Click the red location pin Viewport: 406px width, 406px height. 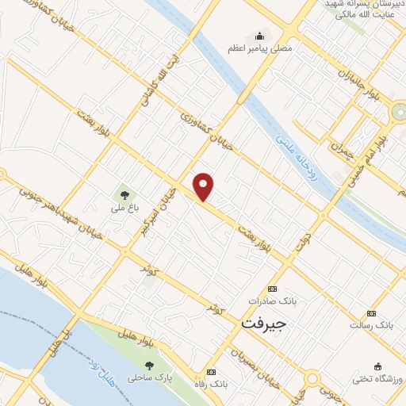click(x=204, y=186)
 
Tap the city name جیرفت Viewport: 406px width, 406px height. click(x=262, y=324)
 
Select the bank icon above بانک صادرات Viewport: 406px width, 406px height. click(x=273, y=289)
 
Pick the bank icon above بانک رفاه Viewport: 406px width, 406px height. click(x=210, y=372)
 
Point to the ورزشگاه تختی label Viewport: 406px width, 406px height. click(x=379, y=378)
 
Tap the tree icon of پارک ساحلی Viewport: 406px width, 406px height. click(x=149, y=366)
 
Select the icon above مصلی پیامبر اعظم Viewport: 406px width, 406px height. click(x=259, y=35)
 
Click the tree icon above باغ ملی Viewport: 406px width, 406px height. click(x=123, y=193)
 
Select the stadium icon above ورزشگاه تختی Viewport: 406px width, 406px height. click(x=378, y=366)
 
